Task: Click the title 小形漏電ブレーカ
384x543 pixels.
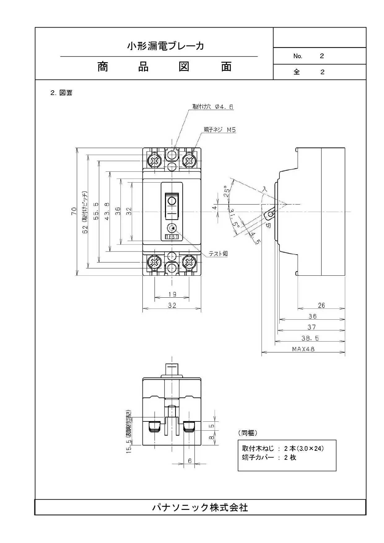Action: point(166,46)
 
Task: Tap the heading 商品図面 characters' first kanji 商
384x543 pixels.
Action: point(103,67)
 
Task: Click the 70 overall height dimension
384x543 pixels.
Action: point(74,211)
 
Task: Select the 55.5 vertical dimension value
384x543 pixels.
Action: point(96,211)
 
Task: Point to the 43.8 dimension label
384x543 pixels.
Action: point(107,211)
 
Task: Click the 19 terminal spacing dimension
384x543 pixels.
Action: point(172,294)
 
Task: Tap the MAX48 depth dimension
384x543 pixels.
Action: point(303,349)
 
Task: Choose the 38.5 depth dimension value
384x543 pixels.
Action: point(310,338)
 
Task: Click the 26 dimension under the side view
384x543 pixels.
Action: point(321,305)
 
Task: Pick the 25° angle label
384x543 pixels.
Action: point(227,191)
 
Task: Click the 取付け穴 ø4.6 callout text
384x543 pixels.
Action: point(213,107)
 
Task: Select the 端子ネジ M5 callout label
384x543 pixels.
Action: point(220,130)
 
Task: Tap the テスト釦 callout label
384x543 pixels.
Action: point(218,254)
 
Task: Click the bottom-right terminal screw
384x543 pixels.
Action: point(189,263)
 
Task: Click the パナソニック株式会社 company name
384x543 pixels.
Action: point(200,507)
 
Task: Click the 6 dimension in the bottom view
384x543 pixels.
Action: point(190,461)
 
